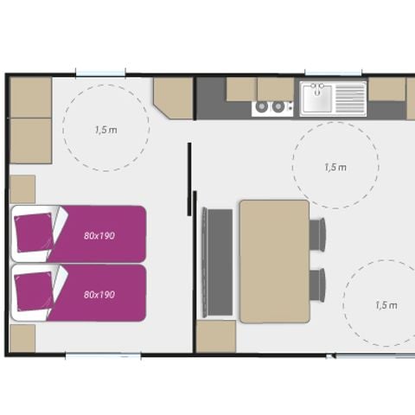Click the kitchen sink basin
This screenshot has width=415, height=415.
point(316,99)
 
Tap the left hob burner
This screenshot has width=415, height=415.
point(262,106)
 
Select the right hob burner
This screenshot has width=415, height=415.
point(278,106)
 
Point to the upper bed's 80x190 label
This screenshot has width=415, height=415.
point(99,236)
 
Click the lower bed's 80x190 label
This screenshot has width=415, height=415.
point(99,295)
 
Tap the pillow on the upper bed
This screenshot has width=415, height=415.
point(34,233)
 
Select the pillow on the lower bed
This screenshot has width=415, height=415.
point(34,291)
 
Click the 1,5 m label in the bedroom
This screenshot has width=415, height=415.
point(106,130)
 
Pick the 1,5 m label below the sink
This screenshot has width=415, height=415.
point(335,167)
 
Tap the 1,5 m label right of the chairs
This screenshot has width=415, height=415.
point(386,305)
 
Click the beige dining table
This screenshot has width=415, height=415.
point(275,261)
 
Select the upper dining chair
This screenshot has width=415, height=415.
point(317,233)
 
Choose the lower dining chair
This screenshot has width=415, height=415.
point(317,284)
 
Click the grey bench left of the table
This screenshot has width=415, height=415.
point(218,262)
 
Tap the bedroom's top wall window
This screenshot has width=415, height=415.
point(100,73)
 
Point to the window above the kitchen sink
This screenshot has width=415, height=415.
point(333,73)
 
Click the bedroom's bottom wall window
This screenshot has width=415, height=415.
point(103,356)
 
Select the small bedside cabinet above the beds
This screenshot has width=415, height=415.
point(22,189)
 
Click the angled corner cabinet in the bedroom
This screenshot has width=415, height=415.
point(173,98)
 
